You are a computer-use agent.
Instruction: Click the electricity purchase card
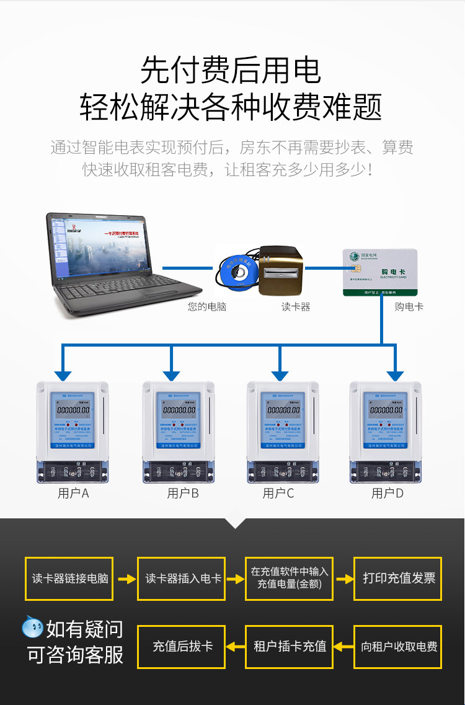380,272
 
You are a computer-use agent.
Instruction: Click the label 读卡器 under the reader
295,307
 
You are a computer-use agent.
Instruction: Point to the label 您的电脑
206,307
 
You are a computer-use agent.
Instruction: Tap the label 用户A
73,494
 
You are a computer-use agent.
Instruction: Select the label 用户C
278,494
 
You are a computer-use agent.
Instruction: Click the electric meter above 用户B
179,431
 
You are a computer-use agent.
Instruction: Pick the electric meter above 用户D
385,431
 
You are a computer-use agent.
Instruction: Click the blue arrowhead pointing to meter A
63,375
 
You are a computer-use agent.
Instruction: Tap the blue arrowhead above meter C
280,375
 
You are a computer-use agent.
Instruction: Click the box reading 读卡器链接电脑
69,579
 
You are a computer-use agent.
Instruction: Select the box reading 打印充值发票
398,579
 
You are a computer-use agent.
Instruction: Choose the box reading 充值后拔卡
181,647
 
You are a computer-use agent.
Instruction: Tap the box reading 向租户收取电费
398,647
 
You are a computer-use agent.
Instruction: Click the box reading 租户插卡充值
290,647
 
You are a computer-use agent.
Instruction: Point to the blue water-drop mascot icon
32,628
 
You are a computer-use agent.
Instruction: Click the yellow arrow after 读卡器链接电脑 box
126,579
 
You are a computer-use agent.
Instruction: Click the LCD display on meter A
73,410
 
